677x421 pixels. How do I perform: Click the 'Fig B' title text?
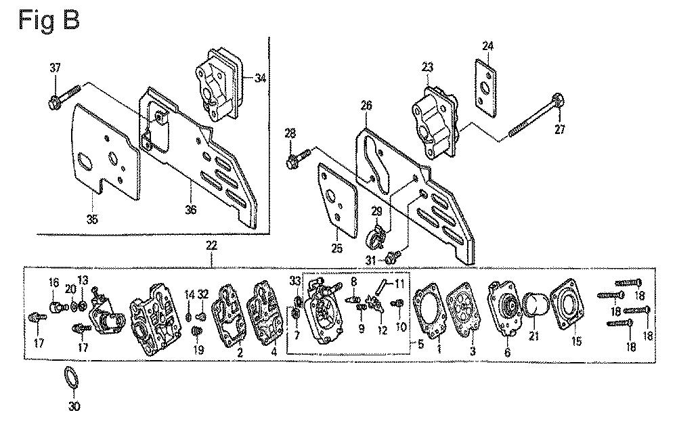pyautogui.click(x=49, y=20)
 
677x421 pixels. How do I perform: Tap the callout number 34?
pyautogui.click(x=261, y=78)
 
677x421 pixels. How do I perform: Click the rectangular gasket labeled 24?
pyautogui.click(x=485, y=88)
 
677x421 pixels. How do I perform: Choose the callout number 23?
pyautogui.click(x=427, y=68)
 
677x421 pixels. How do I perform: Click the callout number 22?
pyautogui.click(x=211, y=246)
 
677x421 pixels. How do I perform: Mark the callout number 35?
pyautogui.click(x=92, y=219)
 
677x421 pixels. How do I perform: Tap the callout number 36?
pyautogui.click(x=191, y=209)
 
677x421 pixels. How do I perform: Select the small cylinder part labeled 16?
pyautogui.click(x=57, y=307)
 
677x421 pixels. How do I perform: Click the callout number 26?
pyautogui.click(x=366, y=106)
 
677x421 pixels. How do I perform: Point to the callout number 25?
pyautogui.click(x=336, y=248)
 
